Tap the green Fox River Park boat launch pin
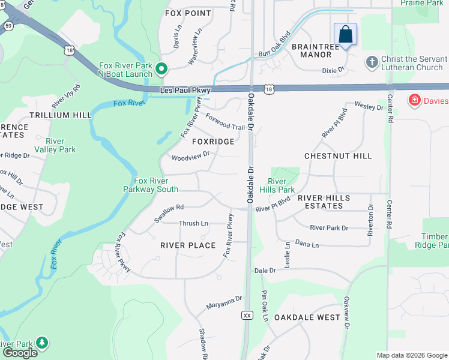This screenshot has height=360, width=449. pos(161,70)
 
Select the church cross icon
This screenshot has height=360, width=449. pos(372,62)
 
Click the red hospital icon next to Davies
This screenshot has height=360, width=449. pos(414,100)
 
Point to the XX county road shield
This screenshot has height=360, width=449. pos(247,315)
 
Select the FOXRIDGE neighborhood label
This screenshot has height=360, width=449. pos(213,142)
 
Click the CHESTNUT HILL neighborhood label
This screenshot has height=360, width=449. pos(338,156)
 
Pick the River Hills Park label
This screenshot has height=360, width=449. pos(281,185)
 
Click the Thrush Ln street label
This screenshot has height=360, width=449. pos(193,223)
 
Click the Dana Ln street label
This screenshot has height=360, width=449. pos(307,245)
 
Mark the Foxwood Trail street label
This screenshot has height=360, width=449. pos(225,122)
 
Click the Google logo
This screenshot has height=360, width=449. pos(20,353)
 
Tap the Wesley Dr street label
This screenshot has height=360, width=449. pos(369,107)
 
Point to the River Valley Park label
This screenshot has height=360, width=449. pos(55,145)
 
